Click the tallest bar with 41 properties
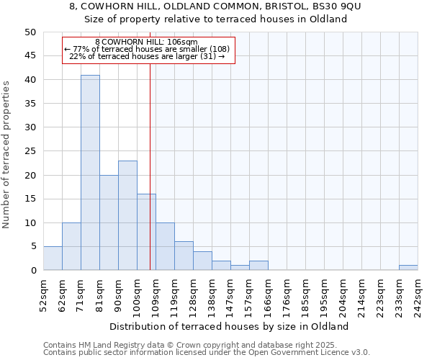pos(90,173)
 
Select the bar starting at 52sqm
pos(53,258)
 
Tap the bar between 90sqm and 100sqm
pos(127,215)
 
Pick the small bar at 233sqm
pos(408,268)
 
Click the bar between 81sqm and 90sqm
pos(109,222)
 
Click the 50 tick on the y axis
pos(30,32)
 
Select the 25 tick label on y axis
pos(30,151)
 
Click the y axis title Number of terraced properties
pos(6,154)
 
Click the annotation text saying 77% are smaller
pos(148,49)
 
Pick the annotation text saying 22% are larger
pos(148,56)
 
